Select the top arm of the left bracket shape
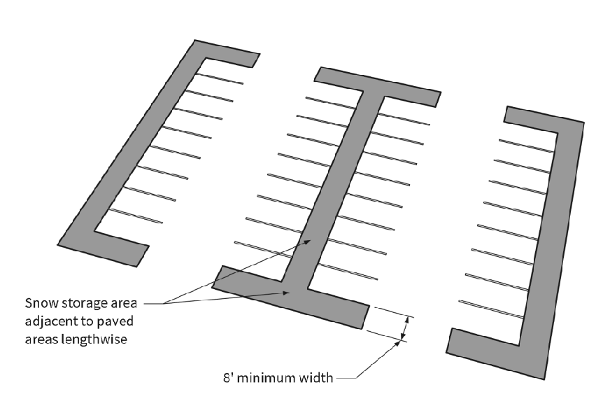[x=224, y=55]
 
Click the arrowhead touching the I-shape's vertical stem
[x=308, y=241]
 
